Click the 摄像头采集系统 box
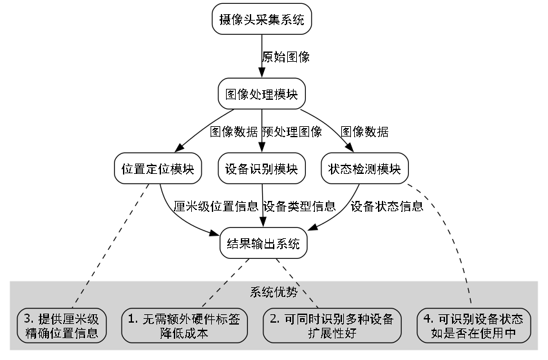pos(261,20)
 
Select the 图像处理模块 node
pos(261,94)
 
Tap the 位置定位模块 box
pos(158,169)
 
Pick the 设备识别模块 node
pos(261,169)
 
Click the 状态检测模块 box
pos(365,169)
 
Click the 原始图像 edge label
pos(286,57)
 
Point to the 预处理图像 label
pos(292,132)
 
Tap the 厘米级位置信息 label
pos(216,207)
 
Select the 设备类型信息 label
pos(299,207)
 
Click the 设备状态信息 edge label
pos(387,207)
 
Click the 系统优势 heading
pos(274,292)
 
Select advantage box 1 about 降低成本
pos(185,326)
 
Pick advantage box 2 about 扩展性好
pos(332,326)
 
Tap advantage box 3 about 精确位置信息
pos(61,326)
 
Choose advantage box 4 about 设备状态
pos(477,326)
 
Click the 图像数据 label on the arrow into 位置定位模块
pos(234,132)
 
